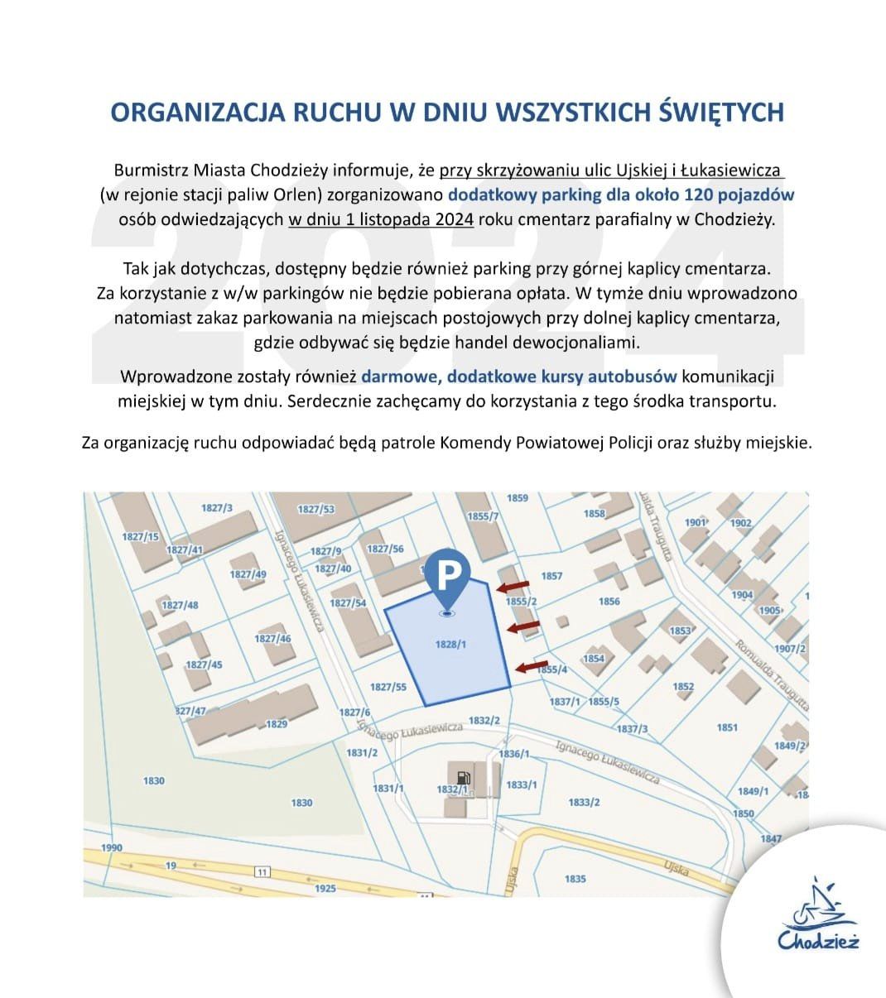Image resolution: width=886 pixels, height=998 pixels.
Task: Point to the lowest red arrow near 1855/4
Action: tap(531, 666)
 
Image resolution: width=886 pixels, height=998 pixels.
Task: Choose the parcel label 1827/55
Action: tap(388, 687)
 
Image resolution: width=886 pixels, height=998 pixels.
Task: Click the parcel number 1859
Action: tap(517, 498)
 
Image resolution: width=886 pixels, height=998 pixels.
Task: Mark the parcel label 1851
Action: tap(727, 727)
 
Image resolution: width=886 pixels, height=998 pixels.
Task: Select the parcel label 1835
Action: tap(575, 879)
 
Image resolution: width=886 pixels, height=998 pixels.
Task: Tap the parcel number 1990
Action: tap(111, 848)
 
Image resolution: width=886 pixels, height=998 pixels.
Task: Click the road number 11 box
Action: tap(262, 871)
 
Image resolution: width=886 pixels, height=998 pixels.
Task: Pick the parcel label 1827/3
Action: tap(217, 507)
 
